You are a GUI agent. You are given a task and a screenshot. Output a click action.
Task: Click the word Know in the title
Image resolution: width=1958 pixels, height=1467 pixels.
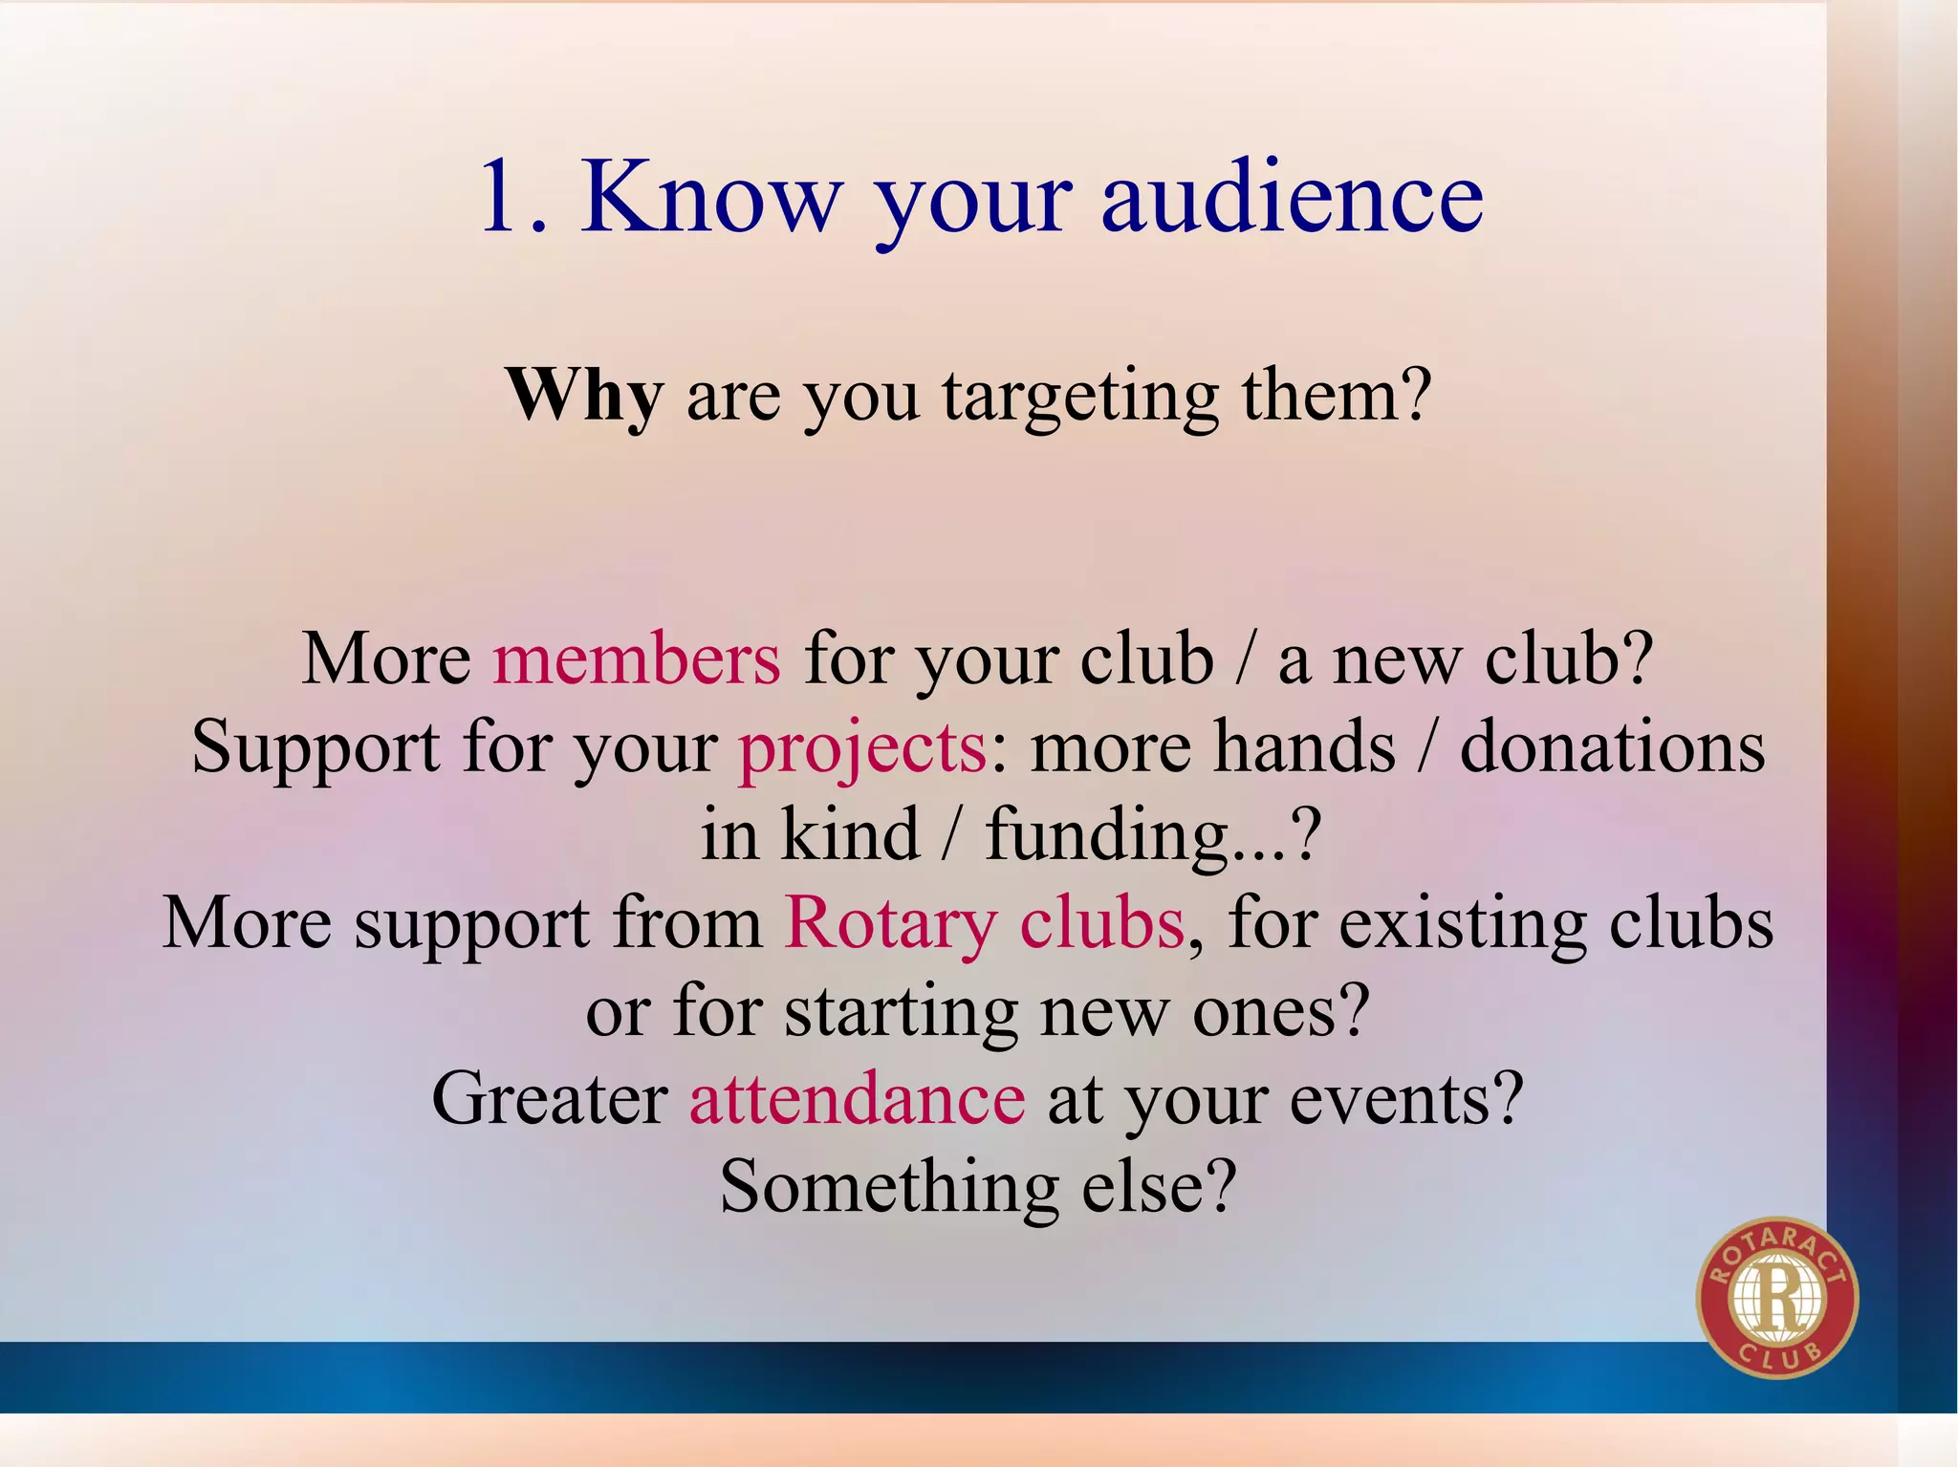pos(712,197)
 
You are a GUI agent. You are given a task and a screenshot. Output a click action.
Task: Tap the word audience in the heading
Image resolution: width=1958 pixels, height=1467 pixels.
pos(1292,197)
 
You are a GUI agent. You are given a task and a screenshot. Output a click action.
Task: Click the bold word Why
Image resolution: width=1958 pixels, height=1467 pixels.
pos(584,396)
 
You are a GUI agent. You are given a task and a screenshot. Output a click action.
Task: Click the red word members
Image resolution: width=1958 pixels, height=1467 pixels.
pos(637,659)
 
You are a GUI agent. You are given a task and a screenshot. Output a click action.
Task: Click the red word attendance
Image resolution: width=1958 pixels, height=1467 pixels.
pos(858,1099)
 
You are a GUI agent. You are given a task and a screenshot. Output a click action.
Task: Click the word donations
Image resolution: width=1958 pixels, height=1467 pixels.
pos(1612,747)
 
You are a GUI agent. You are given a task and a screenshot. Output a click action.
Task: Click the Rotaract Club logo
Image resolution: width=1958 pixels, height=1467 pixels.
pos(1776,1297)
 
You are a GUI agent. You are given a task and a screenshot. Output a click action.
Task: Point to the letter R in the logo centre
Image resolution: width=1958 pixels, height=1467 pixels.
pos(1776,1300)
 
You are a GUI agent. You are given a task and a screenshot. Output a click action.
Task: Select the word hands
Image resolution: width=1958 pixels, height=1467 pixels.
pos(1303,747)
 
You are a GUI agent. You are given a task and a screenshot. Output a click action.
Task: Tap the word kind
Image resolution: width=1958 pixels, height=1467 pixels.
pos(850,835)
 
